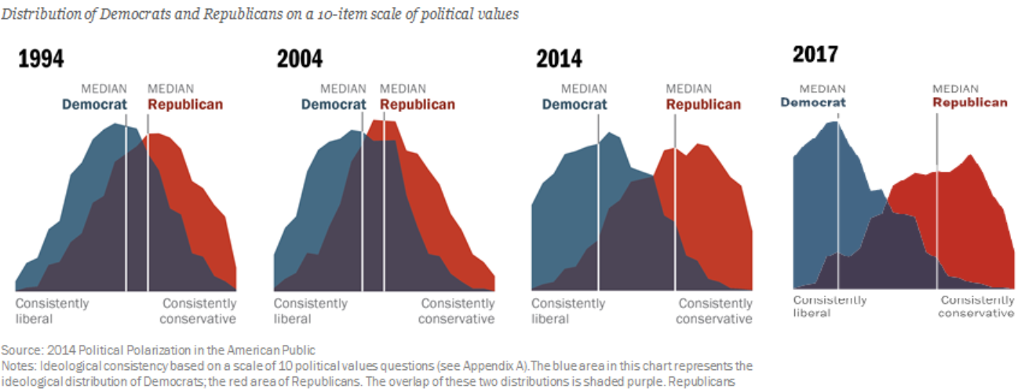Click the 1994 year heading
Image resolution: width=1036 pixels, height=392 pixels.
coord(42,59)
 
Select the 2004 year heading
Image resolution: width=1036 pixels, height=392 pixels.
coord(299,59)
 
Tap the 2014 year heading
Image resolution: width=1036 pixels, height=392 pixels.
coord(559,59)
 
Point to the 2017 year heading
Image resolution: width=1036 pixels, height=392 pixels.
coord(815,54)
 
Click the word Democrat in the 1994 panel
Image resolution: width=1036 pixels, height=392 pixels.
coord(94,104)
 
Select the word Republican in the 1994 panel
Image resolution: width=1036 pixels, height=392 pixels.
coord(184,104)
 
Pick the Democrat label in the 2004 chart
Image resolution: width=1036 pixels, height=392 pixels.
coord(334,104)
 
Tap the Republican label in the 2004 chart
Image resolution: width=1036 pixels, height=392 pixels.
coord(417,104)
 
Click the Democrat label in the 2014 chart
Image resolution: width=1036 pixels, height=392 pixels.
coord(574,104)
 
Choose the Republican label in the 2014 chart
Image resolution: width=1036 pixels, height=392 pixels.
coord(703,104)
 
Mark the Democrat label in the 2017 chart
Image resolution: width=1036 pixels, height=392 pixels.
coord(813,102)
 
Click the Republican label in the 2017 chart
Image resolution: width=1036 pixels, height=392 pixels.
coord(970,102)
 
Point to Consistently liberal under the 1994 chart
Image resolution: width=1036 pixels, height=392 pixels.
coord(52,310)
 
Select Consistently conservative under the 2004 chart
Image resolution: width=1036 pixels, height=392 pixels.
coord(457,310)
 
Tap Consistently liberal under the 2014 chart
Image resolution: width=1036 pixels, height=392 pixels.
coord(568,310)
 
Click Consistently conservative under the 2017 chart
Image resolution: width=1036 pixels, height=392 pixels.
coord(976,307)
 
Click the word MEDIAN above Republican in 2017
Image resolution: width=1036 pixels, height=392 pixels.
coord(955,88)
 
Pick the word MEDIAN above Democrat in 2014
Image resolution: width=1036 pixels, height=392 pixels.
coord(584,89)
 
